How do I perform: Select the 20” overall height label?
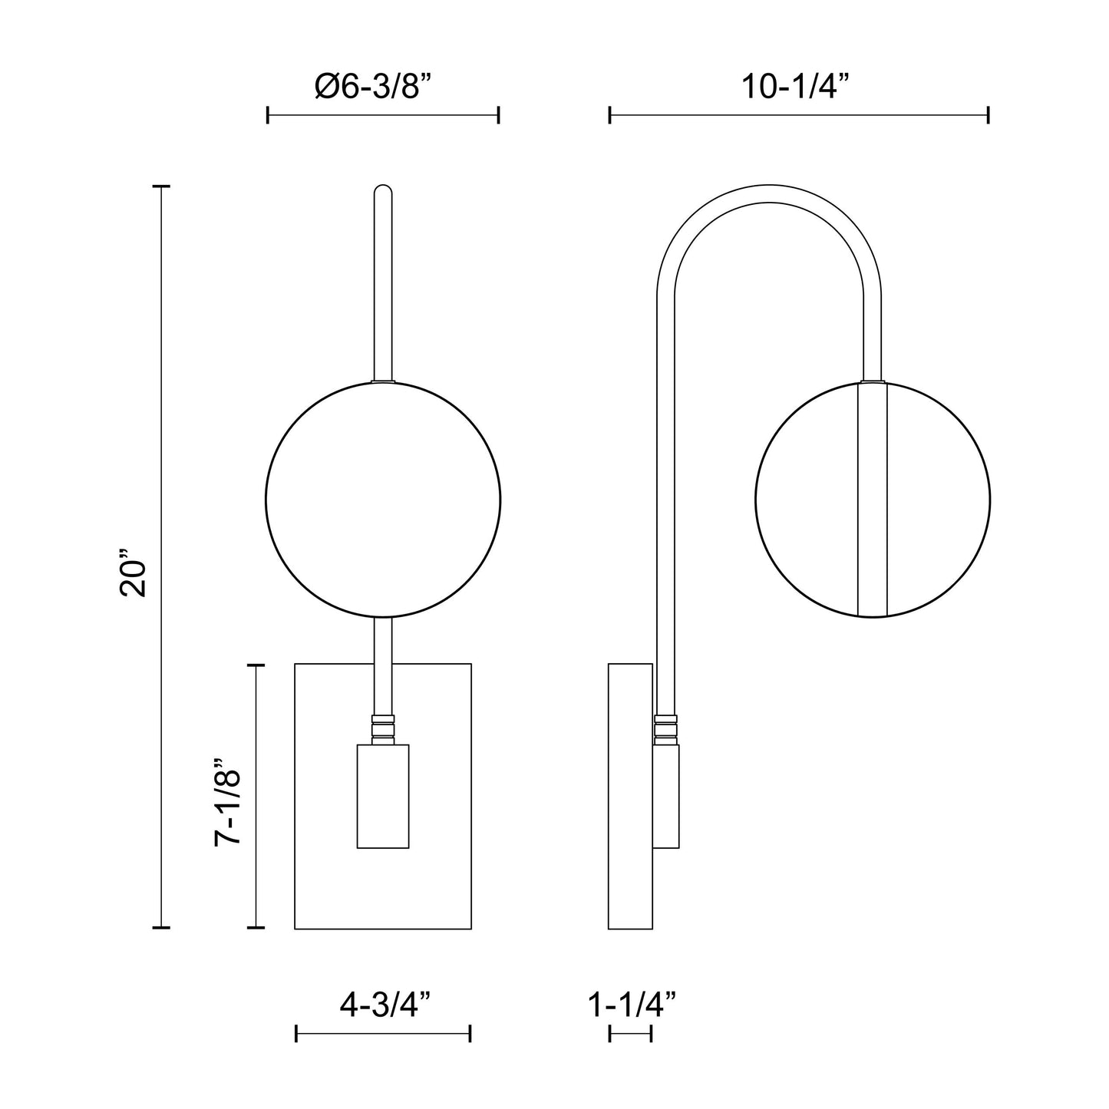[133, 573]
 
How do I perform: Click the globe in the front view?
[383, 500]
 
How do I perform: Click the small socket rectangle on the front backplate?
[383, 796]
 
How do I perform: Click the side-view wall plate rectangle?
[630, 796]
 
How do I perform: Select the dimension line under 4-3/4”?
[383, 1035]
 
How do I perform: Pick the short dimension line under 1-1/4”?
[630, 1035]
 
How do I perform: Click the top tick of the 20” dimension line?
[160, 186]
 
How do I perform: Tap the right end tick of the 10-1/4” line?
[988, 116]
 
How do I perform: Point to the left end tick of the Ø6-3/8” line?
[267, 116]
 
